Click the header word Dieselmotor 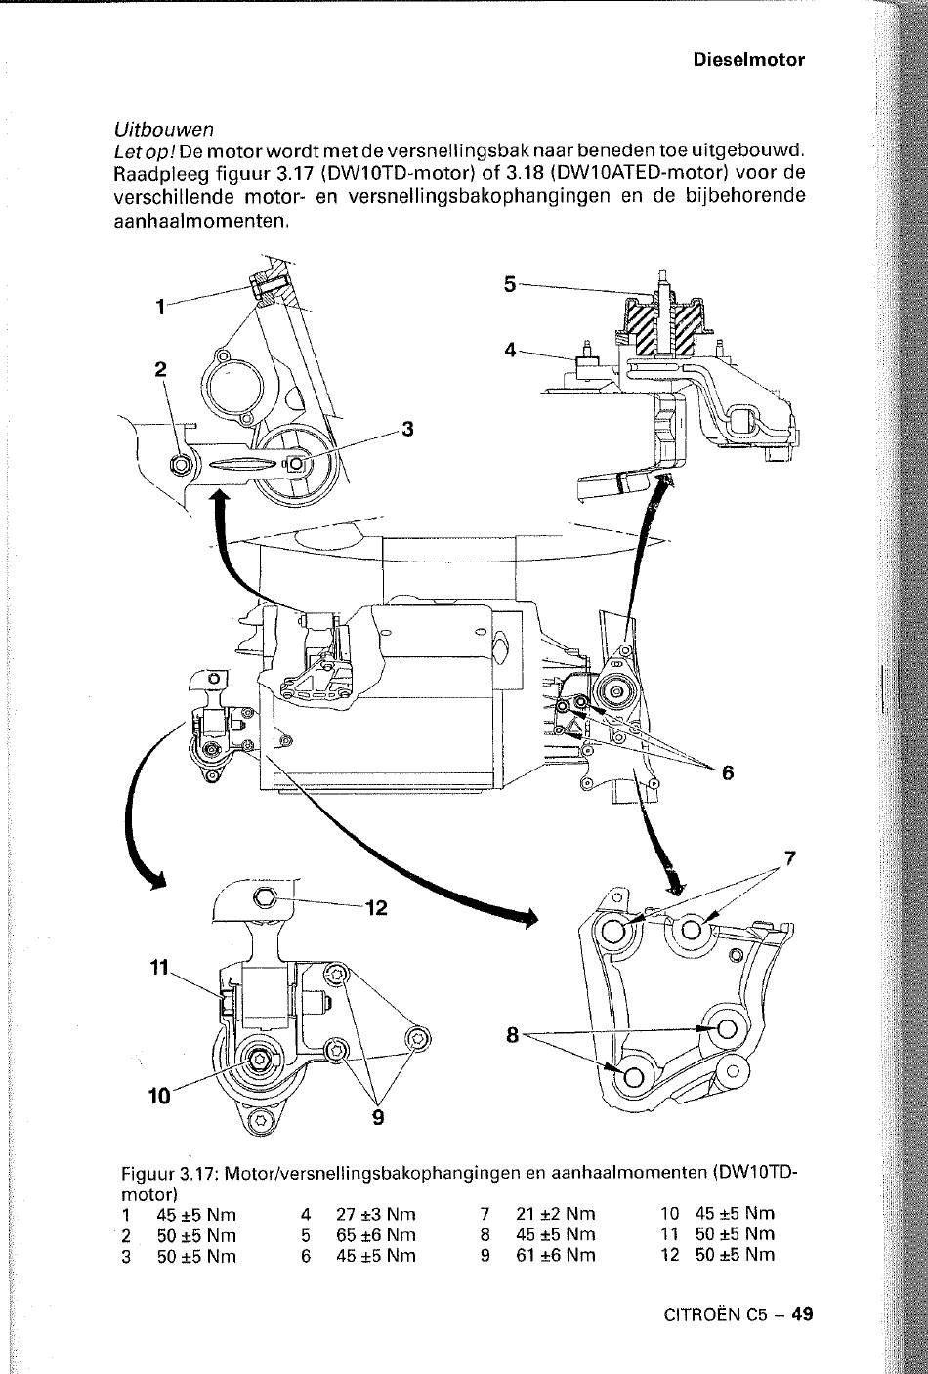[749, 61]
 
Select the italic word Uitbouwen [164, 130]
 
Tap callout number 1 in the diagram [160, 307]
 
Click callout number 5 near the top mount [510, 284]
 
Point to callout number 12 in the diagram [377, 907]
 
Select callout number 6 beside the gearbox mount [728, 772]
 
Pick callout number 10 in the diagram [159, 1096]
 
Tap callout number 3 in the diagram [407, 429]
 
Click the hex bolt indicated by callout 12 [265, 898]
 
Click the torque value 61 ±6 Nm [556, 1256]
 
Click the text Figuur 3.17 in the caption [168, 1175]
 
